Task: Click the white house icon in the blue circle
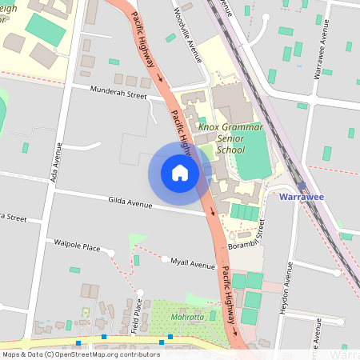pos(179,173)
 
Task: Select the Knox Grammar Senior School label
pos(221,138)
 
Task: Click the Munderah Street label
pos(118,94)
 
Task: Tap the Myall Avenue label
pos(192,265)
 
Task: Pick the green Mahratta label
pos(188,318)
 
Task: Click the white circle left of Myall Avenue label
pos(165,260)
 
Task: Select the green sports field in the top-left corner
pos(45,29)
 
